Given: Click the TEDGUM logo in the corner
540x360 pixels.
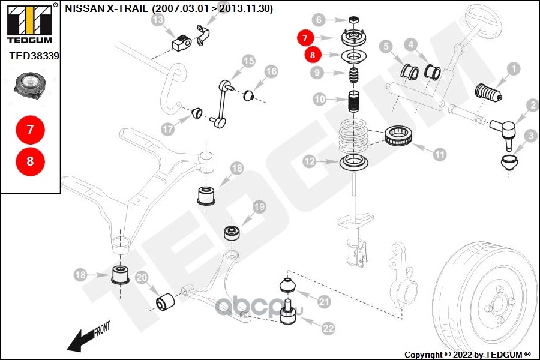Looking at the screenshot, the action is pyautogui.click(x=31, y=23).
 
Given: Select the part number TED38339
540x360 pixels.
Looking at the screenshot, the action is pyautogui.click(x=34, y=56).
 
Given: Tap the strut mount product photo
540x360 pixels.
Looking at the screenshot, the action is pyautogui.click(x=30, y=88).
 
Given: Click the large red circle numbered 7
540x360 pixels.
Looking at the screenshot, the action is pyautogui.click(x=31, y=130).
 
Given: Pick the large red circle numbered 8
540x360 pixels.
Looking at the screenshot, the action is pyautogui.click(x=31, y=161).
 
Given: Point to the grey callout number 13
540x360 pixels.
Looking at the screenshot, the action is pyautogui.click(x=158, y=20).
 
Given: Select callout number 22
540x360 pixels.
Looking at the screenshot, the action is pyautogui.click(x=328, y=328).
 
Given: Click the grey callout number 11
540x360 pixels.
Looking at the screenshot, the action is pyautogui.click(x=439, y=154).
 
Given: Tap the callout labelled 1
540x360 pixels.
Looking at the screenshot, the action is pyautogui.click(x=514, y=69).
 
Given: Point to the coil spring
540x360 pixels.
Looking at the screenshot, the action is pyautogui.click(x=353, y=136).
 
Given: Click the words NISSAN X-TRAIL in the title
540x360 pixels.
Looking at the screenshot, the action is pyautogui.click(x=106, y=8).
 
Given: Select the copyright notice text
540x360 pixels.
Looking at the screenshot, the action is pyautogui.click(x=467, y=355).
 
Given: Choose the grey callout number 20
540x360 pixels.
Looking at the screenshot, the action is pyautogui.click(x=142, y=278).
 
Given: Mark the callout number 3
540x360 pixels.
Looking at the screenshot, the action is pyautogui.click(x=531, y=136).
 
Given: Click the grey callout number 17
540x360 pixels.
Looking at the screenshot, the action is pyautogui.click(x=168, y=129).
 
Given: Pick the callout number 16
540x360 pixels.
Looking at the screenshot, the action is pyautogui.click(x=271, y=71).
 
